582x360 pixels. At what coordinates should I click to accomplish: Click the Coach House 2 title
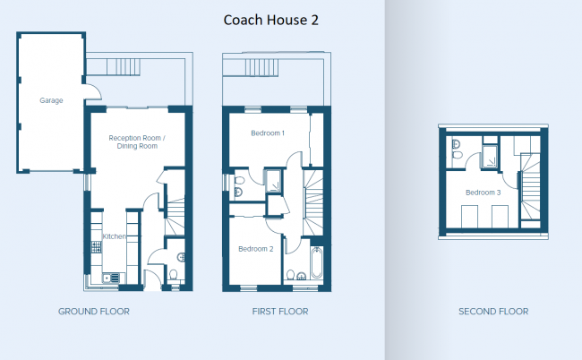[x=271, y=20]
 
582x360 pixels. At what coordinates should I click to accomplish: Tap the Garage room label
[x=51, y=100]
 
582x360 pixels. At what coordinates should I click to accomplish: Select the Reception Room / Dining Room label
[x=137, y=141]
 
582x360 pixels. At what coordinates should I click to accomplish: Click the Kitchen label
[x=114, y=236]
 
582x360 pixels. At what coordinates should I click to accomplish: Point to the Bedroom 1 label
[x=268, y=133]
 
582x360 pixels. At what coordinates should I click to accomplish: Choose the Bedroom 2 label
[x=256, y=249]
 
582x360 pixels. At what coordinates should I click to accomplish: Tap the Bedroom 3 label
[x=484, y=193]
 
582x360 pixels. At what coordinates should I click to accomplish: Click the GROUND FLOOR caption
[x=94, y=312]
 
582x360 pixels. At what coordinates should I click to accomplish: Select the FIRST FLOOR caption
[x=280, y=312]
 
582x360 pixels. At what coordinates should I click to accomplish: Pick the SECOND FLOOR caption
[x=493, y=312]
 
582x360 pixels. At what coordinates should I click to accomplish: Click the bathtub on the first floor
[x=317, y=263]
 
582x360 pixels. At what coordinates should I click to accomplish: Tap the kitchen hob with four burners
[x=97, y=247]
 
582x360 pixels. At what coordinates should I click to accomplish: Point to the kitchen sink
[x=111, y=278]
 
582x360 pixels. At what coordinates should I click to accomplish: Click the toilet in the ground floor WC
[x=173, y=276]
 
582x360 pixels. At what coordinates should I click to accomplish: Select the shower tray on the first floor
[x=273, y=181]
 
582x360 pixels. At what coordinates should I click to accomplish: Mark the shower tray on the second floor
[x=489, y=156]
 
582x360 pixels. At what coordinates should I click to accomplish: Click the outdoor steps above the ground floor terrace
[x=124, y=67]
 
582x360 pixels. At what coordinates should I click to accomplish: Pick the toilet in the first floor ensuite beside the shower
[x=239, y=181]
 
